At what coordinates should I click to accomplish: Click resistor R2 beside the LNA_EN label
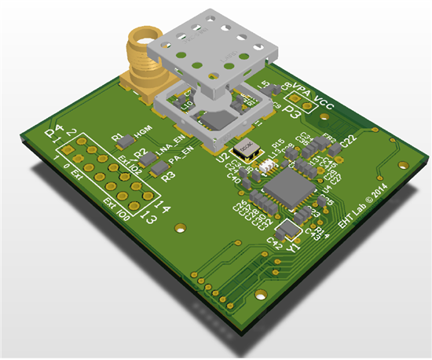pos(141,157)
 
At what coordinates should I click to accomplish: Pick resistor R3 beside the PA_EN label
pos(159,170)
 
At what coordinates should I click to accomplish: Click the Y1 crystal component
pos(291,230)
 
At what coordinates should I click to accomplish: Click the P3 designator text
pos(292,112)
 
